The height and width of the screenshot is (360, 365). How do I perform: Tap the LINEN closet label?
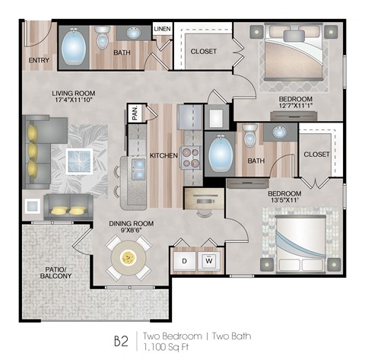point(162,30)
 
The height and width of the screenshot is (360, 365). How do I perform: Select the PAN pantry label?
point(135,113)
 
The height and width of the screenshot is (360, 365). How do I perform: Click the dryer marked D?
point(183,261)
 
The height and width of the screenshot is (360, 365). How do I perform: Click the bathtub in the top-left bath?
point(73,48)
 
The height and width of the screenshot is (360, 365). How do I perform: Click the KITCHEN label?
point(163,155)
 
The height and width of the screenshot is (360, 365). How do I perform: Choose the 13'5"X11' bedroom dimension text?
point(284,202)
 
